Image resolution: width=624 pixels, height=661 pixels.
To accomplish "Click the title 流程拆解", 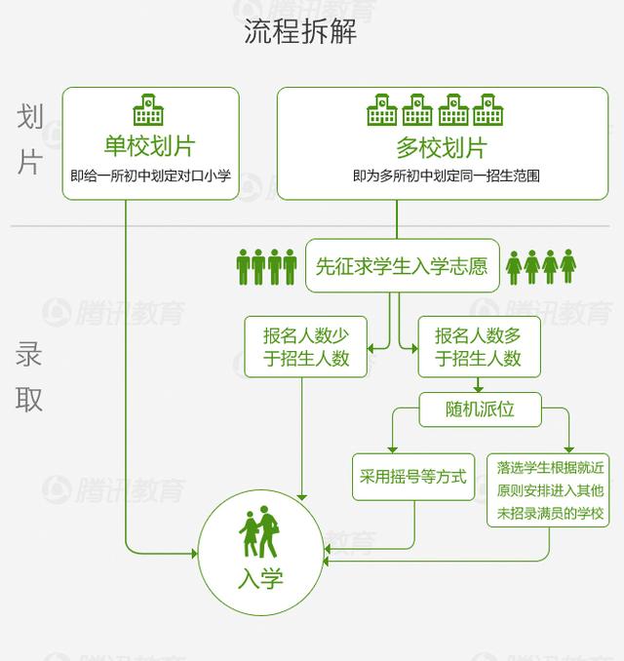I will coord(300,31).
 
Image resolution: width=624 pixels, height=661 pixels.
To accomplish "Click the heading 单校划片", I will coord(150,146).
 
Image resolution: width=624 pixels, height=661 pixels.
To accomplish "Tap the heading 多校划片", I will coord(441,148).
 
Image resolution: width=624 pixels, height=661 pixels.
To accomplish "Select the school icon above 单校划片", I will coord(150,109).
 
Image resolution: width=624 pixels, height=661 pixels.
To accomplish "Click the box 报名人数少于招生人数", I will coord(305,347).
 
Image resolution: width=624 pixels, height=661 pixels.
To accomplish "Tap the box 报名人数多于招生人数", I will coord(478,347).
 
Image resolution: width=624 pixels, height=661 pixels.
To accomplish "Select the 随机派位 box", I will coord(480,409).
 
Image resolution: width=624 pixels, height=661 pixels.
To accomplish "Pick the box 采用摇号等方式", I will coord(413,477).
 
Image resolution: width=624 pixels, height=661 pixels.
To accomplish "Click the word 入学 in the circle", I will coord(260,580).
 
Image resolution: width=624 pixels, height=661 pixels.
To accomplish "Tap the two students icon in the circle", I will coord(259,532).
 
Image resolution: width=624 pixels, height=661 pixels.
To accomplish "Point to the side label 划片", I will coord(30,139).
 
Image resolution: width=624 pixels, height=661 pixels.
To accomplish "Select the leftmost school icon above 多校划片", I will coord(382,110).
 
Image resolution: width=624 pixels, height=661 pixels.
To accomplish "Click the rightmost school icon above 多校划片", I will coord(487,110).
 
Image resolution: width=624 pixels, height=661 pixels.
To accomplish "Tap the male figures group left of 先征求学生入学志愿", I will coord(266,266).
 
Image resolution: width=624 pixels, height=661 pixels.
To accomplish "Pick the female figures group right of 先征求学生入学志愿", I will coord(541,266).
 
